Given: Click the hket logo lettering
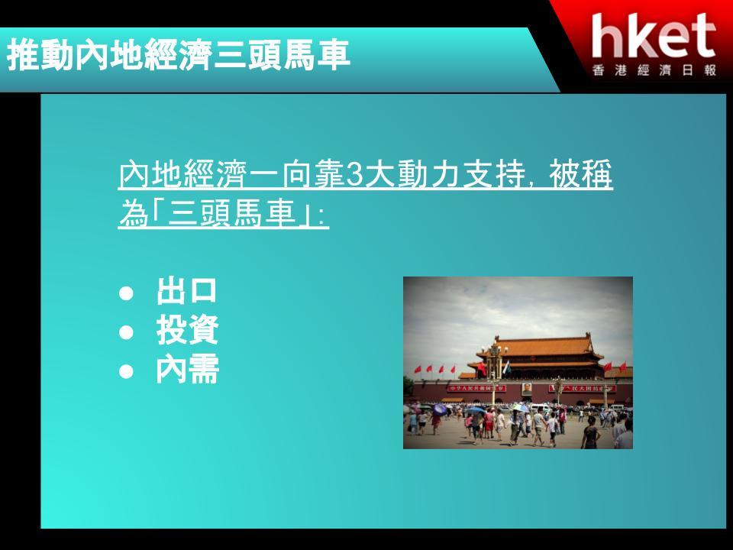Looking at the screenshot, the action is tap(654, 36).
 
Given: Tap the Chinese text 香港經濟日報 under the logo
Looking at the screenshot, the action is tap(654, 70).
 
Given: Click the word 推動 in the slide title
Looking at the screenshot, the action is tap(41, 55).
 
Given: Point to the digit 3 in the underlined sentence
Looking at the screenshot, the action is tap(355, 174).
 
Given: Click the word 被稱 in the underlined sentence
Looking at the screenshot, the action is tap(580, 174).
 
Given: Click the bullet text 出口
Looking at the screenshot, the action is tap(187, 291).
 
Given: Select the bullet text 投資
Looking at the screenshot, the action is tap(187, 330).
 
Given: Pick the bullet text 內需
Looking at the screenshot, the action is tap(187, 370).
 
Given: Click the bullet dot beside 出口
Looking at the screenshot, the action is tap(126, 293).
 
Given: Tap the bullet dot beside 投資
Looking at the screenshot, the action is tap(126, 332).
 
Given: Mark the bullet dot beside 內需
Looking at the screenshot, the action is tap(126, 371).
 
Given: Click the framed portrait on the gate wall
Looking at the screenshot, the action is tap(526, 388).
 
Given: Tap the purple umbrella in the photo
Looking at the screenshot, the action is tap(440, 409).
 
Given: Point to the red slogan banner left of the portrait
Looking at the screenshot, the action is tap(476, 388).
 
